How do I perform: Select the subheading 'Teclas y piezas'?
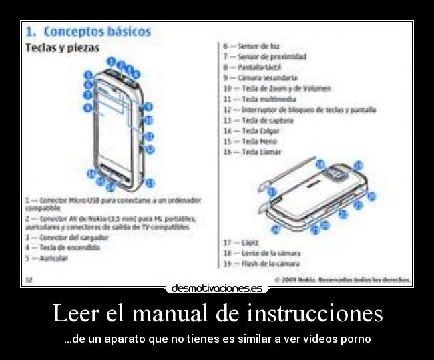(62, 48)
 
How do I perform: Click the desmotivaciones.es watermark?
(217, 288)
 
